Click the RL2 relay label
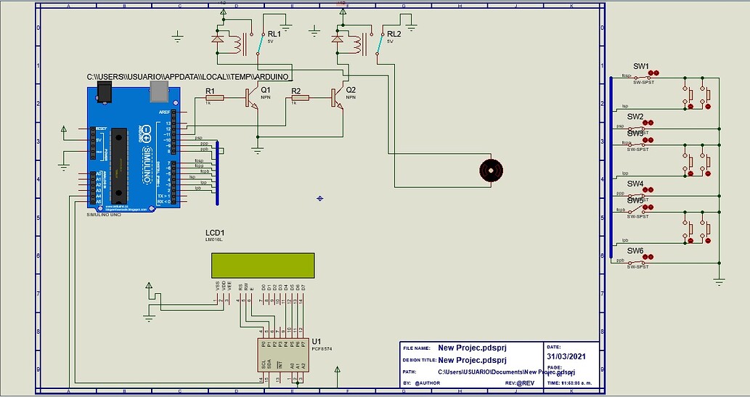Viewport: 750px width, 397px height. [394, 33]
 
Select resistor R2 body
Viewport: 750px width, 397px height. [300, 97]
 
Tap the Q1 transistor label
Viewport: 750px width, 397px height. [266, 90]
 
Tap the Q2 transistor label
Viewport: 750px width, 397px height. [351, 90]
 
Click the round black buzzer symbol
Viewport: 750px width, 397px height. [491, 171]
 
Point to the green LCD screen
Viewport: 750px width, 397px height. [262, 265]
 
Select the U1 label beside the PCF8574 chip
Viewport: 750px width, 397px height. [316, 340]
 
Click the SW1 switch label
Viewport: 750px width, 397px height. [640, 66]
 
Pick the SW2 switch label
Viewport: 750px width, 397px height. [635, 116]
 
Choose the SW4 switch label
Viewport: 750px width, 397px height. [635, 184]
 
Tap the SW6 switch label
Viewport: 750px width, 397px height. [635, 250]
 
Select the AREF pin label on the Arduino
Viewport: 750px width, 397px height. [163, 112]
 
